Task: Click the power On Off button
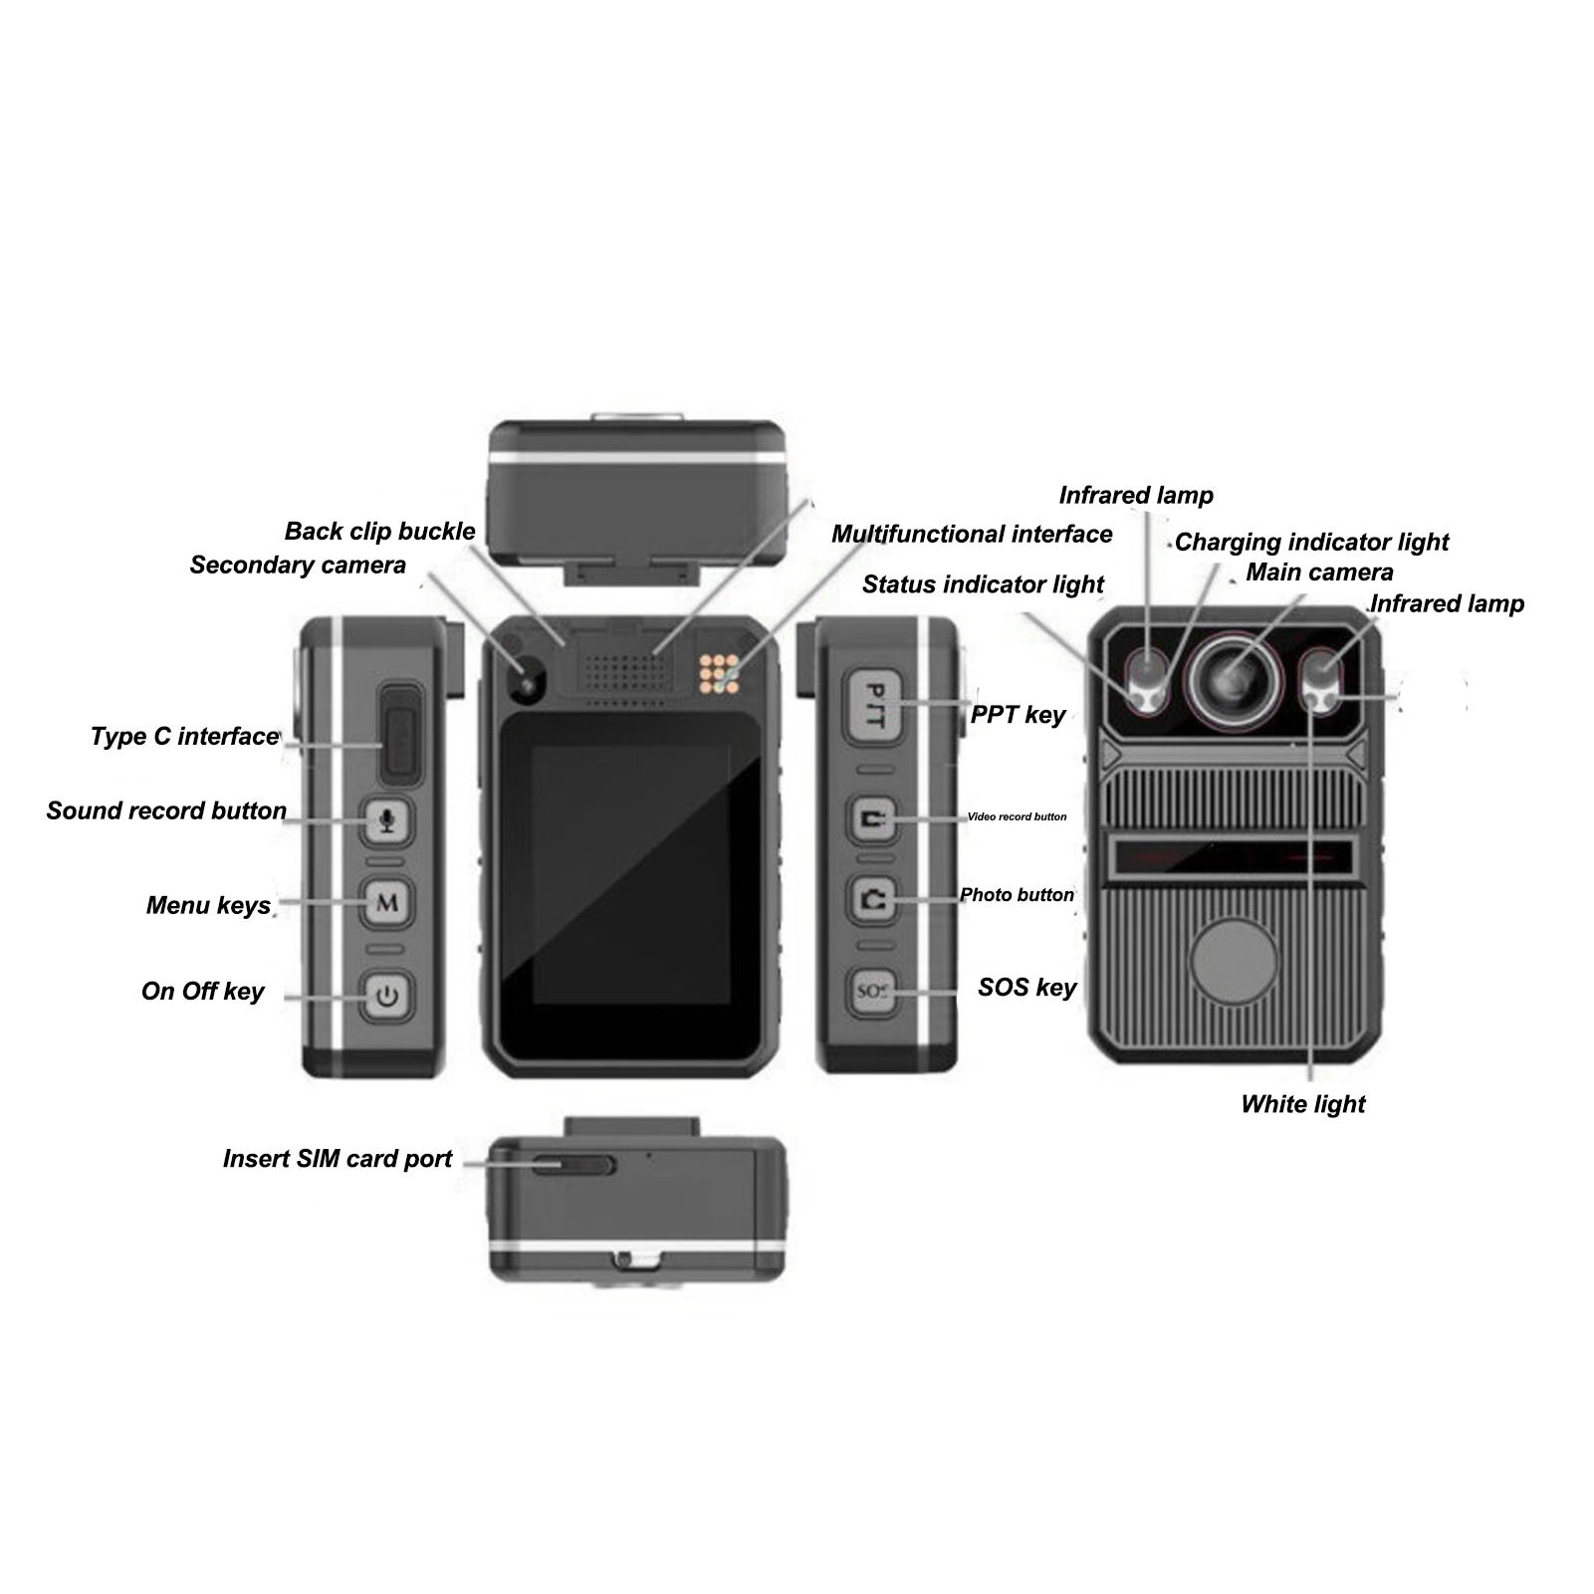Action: (387, 993)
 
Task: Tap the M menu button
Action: (387, 902)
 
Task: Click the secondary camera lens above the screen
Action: (526, 682)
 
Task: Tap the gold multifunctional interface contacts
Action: (718, 673)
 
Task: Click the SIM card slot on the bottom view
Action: (573, 1165)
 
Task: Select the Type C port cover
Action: (402, 732)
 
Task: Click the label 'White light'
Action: (1302, 1104)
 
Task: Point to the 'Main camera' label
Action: (1319, 572)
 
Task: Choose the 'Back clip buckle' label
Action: (379, 532)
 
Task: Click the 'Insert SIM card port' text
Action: (337, 1159)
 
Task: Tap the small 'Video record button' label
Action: (1017, 816)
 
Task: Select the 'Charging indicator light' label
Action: (1311, 543)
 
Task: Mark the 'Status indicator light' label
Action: (983, 584)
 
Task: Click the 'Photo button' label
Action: (1017, 895)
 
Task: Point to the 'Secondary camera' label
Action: (298, 566)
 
